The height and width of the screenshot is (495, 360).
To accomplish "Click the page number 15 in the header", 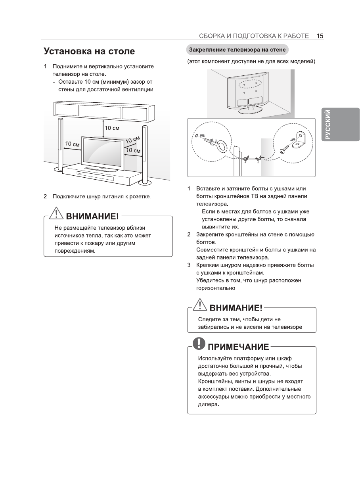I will (320, 36).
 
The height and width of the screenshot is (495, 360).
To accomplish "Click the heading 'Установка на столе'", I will (89, 52).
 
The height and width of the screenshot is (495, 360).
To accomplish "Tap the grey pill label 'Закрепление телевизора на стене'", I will (237, 50).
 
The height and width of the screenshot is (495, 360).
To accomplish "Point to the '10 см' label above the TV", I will (112, 128).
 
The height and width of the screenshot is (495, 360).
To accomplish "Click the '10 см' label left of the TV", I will (72, 144).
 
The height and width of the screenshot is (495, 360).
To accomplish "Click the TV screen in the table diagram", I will (102, 151).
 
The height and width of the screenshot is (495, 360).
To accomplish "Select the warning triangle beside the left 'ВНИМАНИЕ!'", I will (57, 215).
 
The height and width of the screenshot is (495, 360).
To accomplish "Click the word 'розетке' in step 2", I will (141, 197).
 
